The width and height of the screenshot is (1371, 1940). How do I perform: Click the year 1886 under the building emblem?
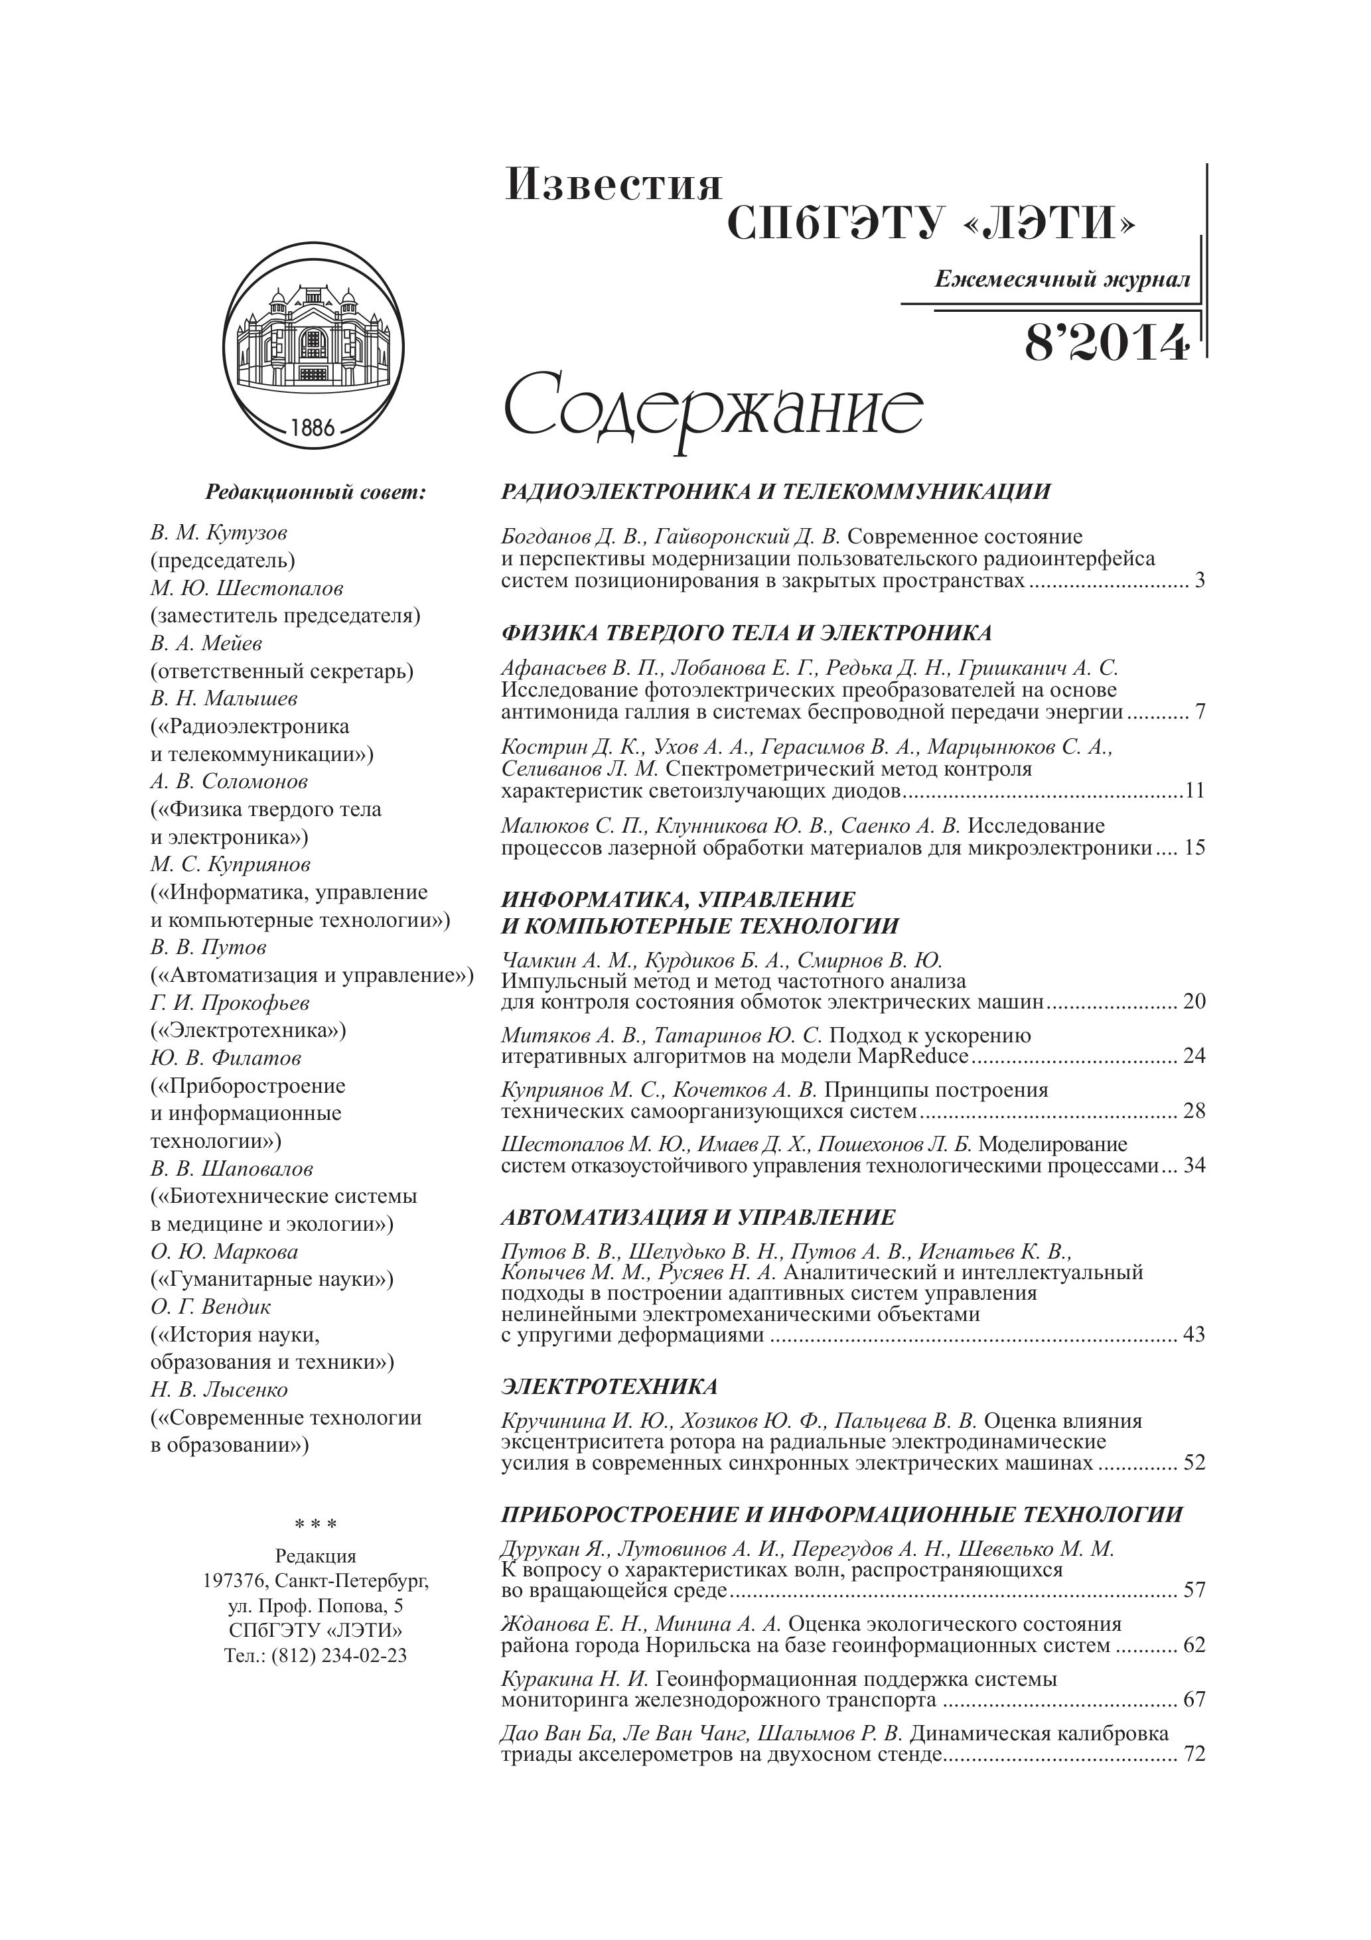point(313,427)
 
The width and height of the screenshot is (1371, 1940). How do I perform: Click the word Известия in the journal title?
point(614,185)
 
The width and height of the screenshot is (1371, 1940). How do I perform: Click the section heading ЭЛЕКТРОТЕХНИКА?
point(609,1387)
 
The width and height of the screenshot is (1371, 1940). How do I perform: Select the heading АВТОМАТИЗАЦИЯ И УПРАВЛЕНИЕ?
point(697,1217)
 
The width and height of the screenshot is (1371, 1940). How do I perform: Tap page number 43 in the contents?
point(1194,1335)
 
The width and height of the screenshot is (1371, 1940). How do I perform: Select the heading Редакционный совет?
point(315,492)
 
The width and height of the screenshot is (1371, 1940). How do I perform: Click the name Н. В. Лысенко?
point(219,1390)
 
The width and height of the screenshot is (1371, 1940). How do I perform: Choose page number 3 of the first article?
point(1199,581)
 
